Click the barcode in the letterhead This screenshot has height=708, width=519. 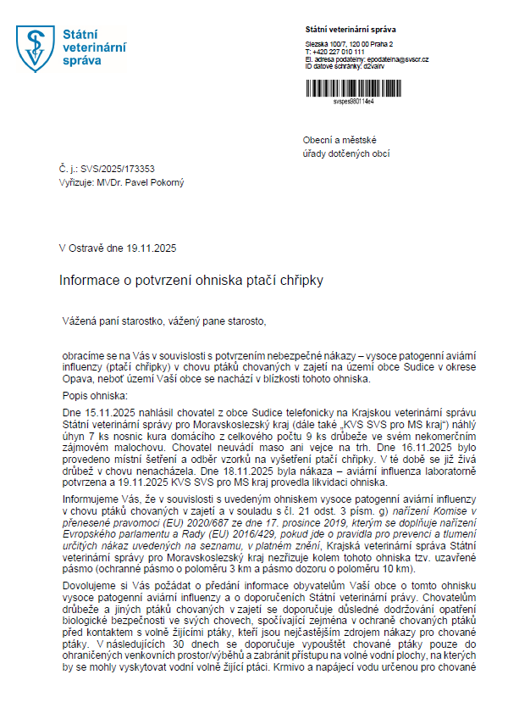tap(369, 84)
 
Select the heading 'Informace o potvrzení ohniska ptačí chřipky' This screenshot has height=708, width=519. tap(191, 279)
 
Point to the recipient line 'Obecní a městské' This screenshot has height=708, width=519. tap(340, 140)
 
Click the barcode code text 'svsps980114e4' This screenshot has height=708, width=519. tap(353, 101)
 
